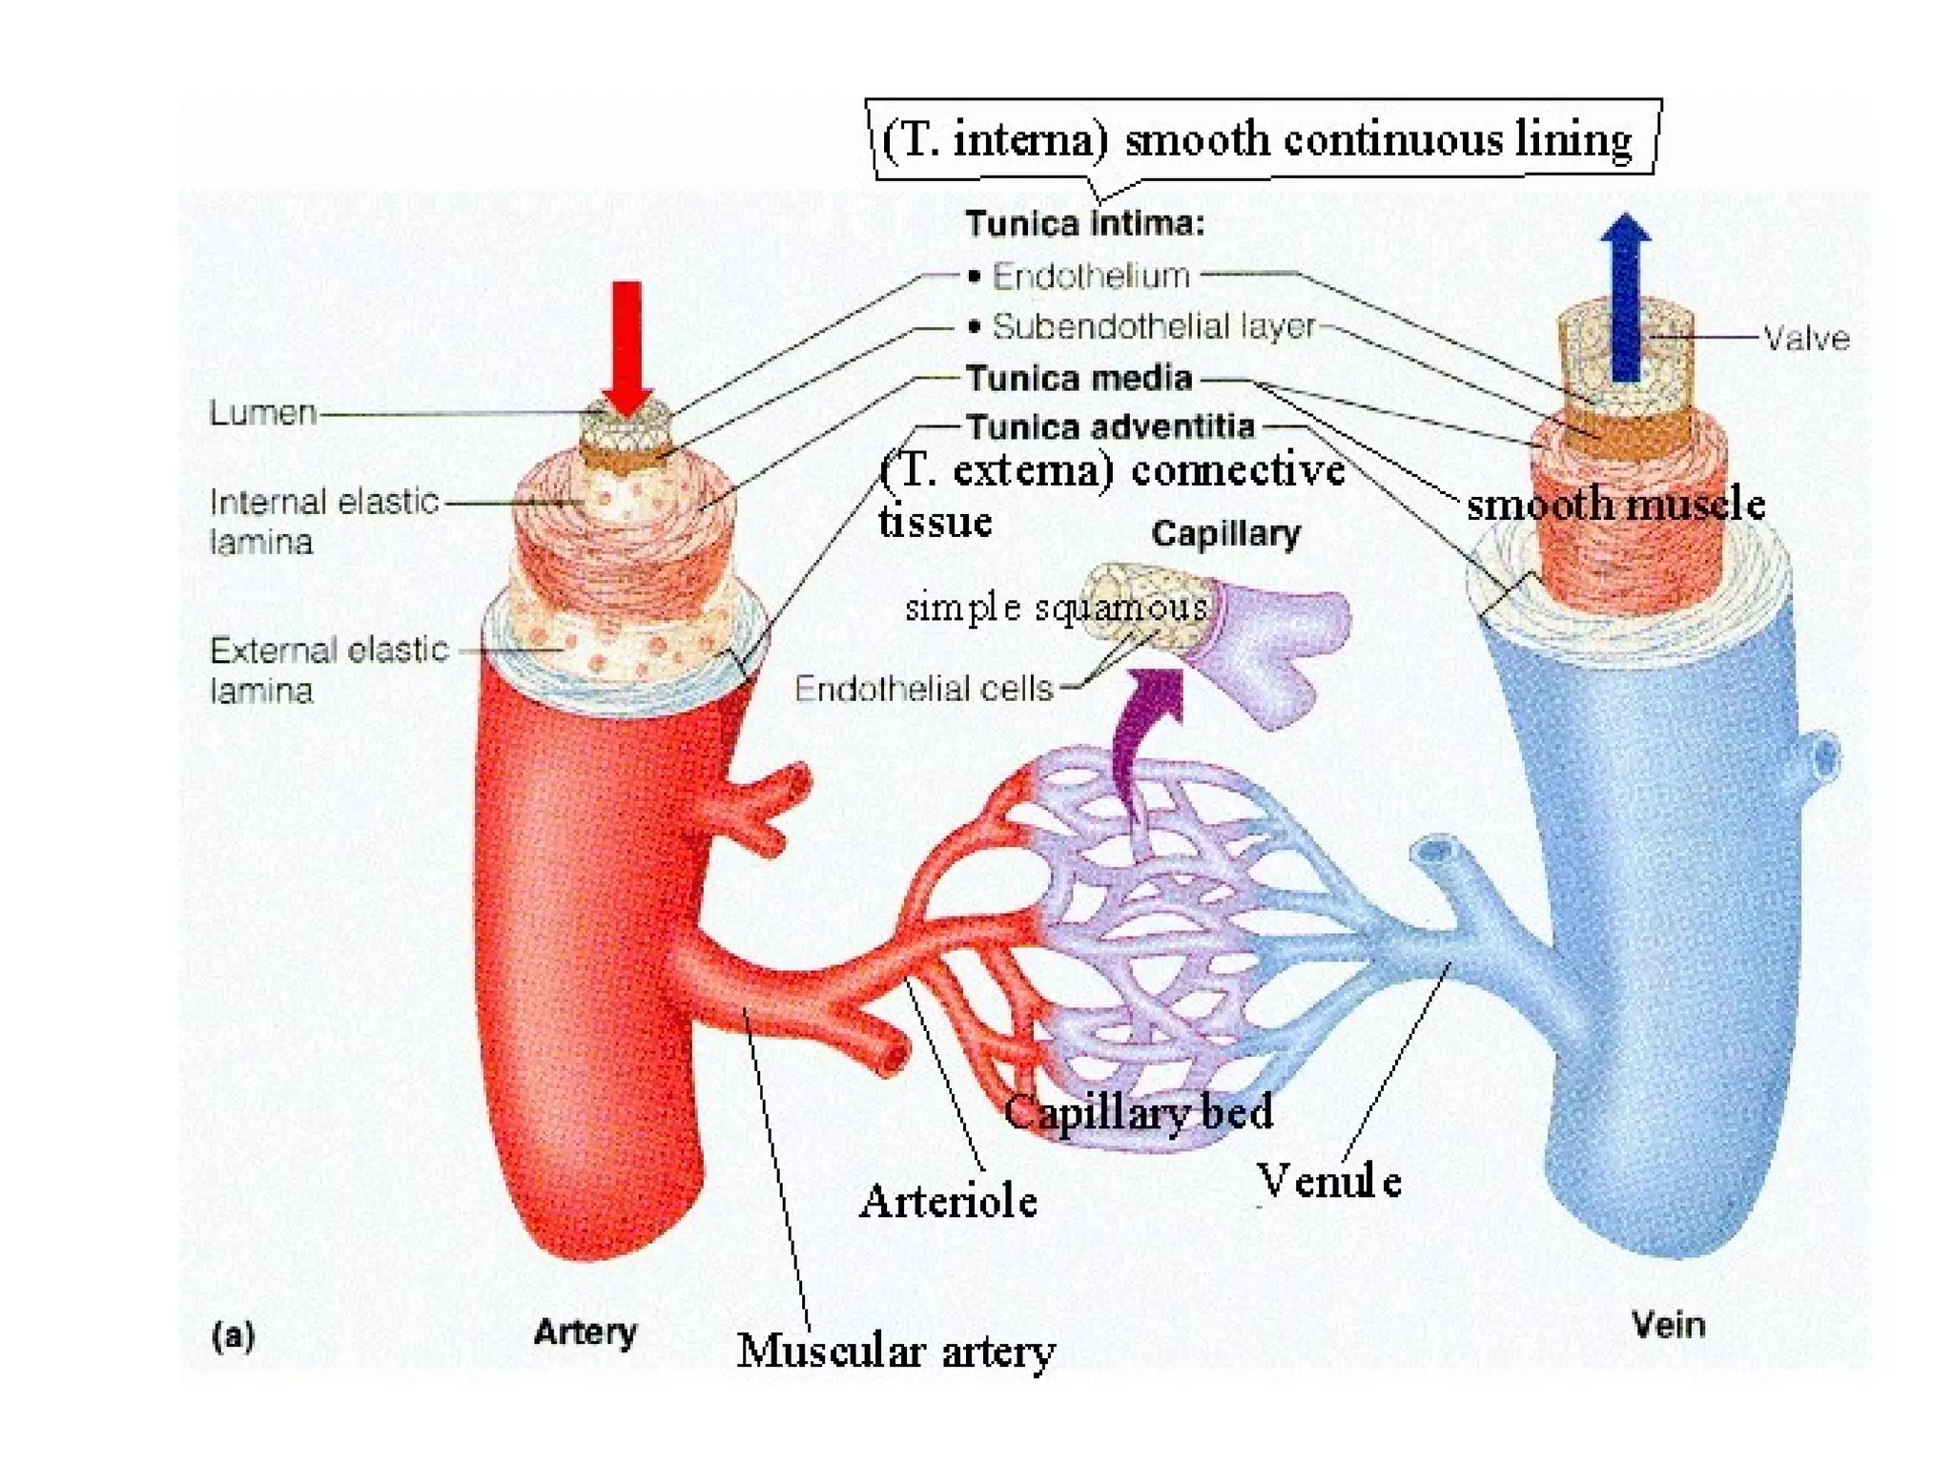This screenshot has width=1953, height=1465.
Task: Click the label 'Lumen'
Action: click(263, 413)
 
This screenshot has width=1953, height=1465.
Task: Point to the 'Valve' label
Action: click(1805, 339)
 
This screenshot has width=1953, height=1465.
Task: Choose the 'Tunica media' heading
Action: click(1079, 379)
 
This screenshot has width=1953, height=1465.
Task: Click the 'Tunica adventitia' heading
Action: click(1110, 426)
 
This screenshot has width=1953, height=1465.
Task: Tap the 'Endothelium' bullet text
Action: click(1091, 277)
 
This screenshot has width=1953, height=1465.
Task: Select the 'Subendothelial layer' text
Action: click(1153, 326)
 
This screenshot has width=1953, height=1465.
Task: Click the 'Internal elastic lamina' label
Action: click(323, 521)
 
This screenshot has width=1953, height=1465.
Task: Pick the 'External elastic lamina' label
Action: click(328, 669)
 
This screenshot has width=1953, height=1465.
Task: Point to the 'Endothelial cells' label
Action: click(923, 688)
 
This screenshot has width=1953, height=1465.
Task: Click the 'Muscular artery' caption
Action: click(895, 1352)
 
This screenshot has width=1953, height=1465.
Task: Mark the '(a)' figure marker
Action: click(234, 1335)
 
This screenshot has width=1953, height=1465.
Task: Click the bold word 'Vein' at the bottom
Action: click(1668, 1325)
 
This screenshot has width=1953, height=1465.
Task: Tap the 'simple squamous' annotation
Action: click(1056, 608)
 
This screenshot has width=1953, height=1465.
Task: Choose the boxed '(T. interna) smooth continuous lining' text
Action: click(1257, 140)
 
